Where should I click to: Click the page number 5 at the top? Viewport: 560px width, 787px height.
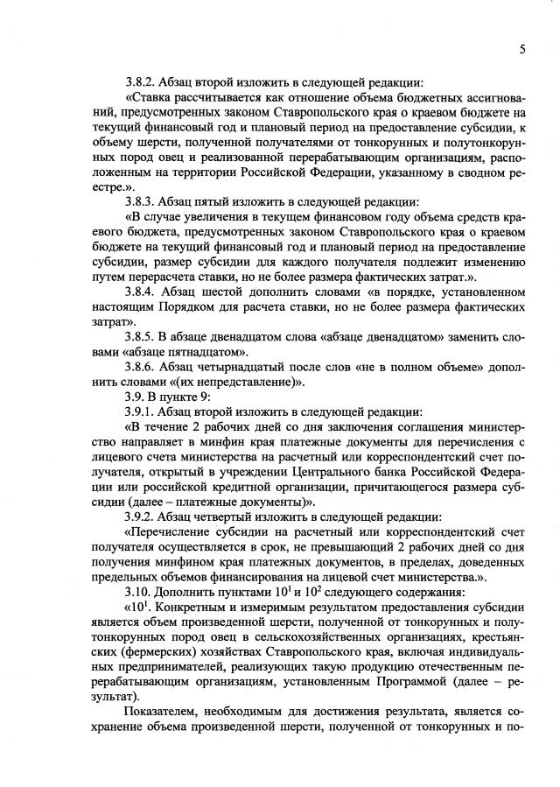[x=521, y=50]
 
